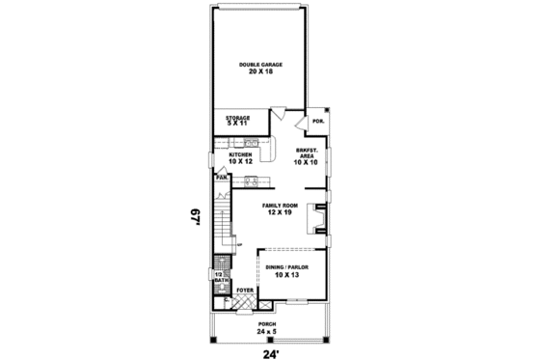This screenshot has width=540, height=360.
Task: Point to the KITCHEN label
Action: click(240, 154)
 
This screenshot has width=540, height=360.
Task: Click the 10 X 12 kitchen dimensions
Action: click(240, 161)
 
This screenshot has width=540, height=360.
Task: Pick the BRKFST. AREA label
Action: click(307, 152)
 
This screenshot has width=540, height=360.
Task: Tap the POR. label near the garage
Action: click(317, 122)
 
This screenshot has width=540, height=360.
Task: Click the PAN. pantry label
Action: click(221, 178)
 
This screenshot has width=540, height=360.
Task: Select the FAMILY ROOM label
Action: click(280, 206)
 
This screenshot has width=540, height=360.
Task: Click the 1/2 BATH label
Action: click(219, 277)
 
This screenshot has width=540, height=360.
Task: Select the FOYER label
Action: click(245, 289)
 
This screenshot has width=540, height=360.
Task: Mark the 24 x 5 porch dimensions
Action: click(266, 331)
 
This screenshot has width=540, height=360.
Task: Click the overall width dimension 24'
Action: click(268, 351)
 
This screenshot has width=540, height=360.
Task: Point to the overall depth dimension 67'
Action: click(196, 215)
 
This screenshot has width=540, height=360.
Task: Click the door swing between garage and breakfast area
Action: click(277, 111)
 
